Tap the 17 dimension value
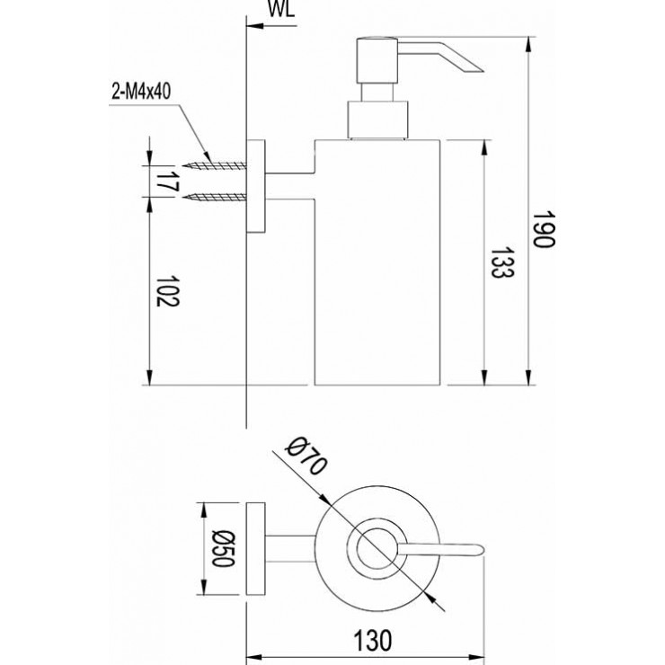click(163, 180)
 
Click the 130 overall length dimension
click(372, 640)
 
